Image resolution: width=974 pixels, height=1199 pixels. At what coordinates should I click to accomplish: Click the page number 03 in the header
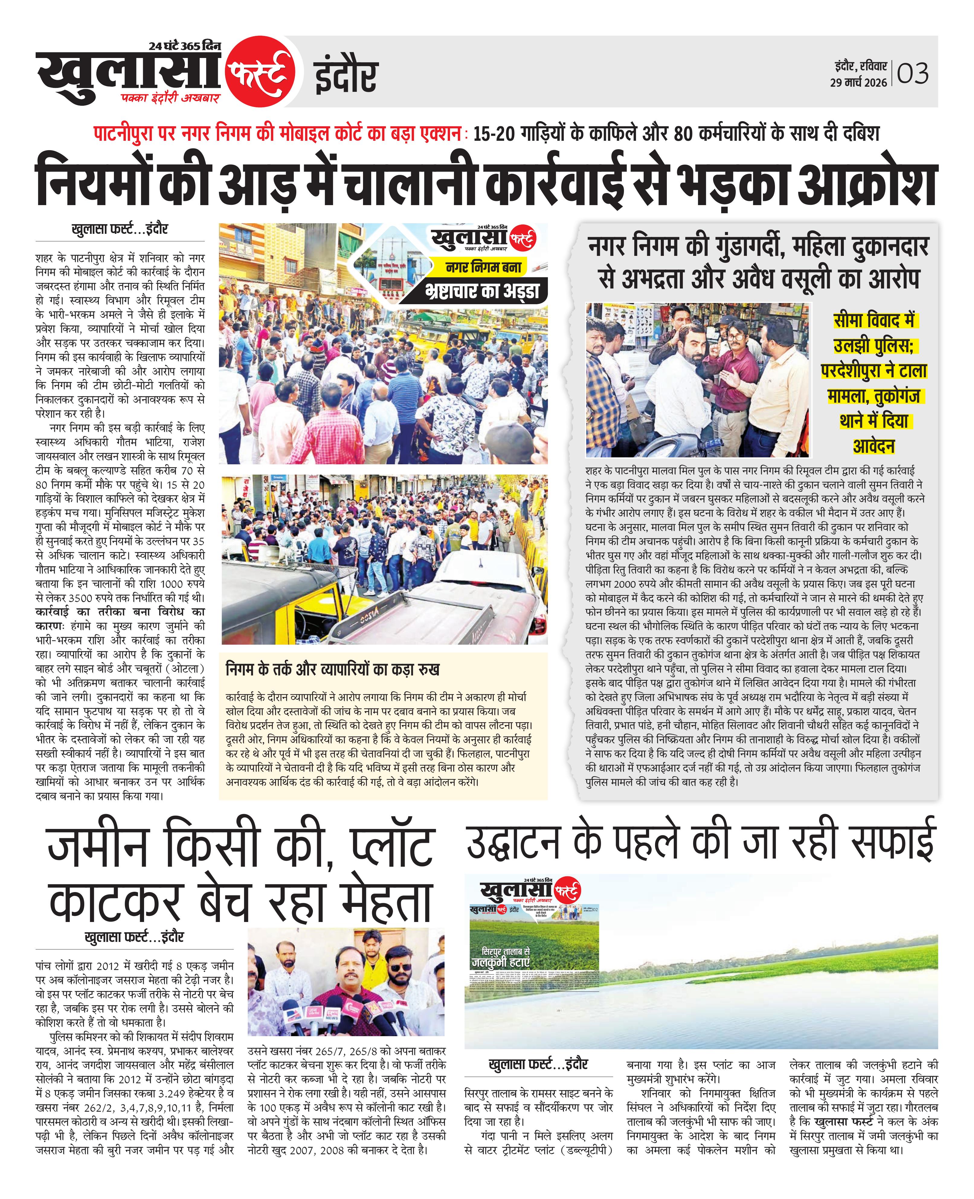[913, 73]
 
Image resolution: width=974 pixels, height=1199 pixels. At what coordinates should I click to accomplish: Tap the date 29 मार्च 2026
[858, 82]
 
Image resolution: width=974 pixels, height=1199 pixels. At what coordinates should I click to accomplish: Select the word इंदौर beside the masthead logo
[346, 77]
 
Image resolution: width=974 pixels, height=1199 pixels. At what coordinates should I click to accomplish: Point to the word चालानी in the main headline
[413, 183]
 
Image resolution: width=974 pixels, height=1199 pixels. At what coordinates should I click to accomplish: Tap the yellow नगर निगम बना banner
[484, 267]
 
